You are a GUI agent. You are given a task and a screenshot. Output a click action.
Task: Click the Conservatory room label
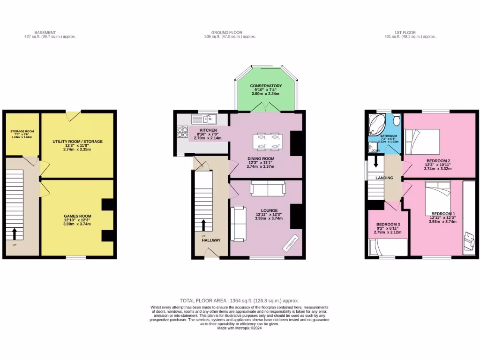(x=266, y=86)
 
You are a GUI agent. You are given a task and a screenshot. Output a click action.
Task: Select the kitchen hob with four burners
(x=182, y=132)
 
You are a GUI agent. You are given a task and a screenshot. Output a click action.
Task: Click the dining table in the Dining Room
(x=267, y=141)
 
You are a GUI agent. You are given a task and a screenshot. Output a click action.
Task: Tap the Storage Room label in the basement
(x=22, y=132)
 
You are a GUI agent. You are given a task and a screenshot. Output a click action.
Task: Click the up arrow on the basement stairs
(x=15, y=233)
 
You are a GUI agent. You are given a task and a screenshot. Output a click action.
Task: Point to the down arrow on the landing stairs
(x=375, y=162)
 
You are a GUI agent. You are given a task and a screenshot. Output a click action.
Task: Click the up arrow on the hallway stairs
(x=203, y=225)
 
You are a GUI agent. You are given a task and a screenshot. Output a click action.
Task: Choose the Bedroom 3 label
(x=388, y=225)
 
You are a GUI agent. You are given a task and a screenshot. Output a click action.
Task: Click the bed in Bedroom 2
(x=422, y=141)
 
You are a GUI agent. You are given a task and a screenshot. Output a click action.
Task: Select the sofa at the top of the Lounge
(x=267, y=188)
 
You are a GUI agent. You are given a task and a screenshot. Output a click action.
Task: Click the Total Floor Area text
(x=240, y=300)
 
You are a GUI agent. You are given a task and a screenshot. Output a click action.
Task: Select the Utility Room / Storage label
(x=77, y=141)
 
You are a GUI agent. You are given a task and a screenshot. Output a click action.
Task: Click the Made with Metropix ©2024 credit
(x=240, y=328)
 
